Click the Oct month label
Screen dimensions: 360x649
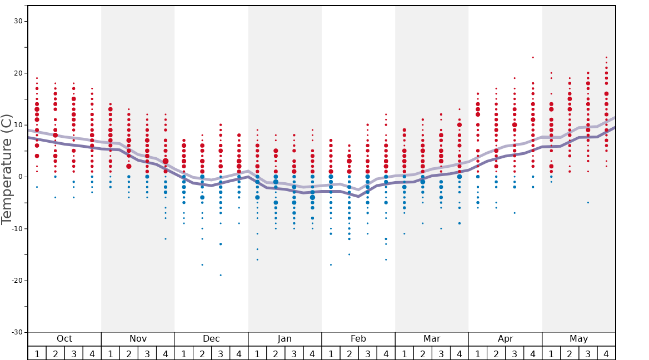64,339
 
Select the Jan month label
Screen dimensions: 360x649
284,339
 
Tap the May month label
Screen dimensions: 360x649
578,339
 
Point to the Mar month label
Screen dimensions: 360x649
432,339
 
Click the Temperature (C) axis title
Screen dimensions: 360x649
7,169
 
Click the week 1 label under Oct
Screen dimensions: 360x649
37,353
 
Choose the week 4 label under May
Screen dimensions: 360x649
606,353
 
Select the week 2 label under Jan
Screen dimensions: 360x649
276,353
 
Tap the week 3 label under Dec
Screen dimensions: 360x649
221,353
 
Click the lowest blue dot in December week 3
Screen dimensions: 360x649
221,275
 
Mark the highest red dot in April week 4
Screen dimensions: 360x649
533,57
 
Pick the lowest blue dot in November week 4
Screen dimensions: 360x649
166,239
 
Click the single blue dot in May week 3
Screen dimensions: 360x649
588,202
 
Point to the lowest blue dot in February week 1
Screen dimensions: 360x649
331,264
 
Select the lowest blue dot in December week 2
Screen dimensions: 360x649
202,264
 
